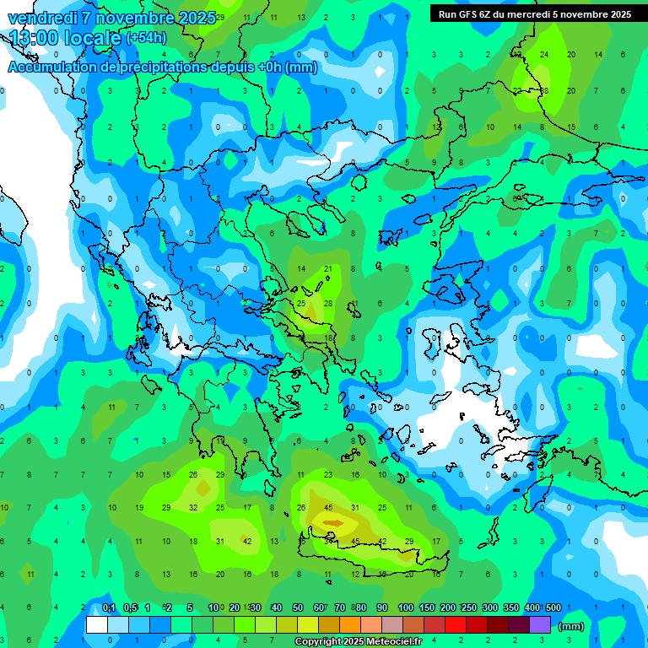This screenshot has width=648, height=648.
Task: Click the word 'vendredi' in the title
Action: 41,18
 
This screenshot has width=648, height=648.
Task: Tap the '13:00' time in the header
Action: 35,38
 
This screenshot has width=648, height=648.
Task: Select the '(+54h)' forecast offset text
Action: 146,38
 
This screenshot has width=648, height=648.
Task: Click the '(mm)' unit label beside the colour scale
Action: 570,626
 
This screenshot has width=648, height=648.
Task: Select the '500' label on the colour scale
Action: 553,607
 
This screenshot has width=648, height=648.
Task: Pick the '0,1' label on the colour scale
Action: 109,607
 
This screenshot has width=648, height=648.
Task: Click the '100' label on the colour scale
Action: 405,607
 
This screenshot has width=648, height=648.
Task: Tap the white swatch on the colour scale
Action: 97,625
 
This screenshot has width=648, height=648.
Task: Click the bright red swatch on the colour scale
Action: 456,625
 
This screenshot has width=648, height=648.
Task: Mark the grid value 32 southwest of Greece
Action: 193,507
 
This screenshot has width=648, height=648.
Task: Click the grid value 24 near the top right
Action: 544,54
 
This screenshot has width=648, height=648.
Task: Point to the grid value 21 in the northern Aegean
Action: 328,269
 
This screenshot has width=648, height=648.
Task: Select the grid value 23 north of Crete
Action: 328,475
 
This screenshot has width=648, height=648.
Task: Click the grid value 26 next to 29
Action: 193,475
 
